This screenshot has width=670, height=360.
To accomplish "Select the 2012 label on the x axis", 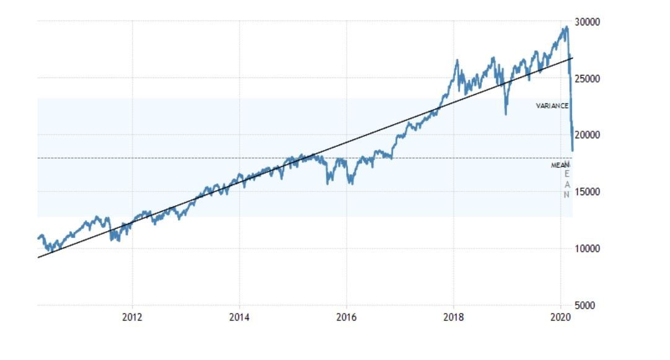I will (132, 317).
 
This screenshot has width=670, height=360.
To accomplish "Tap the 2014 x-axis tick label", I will (239, 317).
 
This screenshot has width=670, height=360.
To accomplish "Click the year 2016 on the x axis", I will (346, 317).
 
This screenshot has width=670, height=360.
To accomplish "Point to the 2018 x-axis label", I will (453, 317).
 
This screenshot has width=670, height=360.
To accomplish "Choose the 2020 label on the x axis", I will (560, 317).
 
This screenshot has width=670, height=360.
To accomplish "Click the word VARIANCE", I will (552, 106).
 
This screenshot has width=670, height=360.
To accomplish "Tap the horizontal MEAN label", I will (560, 165).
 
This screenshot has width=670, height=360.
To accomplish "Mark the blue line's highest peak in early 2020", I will (566, 27).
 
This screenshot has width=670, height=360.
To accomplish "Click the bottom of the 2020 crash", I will (572, 150).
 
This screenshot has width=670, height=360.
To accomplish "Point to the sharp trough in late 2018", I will (506, 114).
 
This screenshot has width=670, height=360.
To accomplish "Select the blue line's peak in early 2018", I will (457, 60).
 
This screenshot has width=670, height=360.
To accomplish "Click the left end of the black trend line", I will (38, 257).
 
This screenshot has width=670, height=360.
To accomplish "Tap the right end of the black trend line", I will (573, 58).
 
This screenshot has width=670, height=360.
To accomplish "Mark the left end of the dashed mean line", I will (38, 158).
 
